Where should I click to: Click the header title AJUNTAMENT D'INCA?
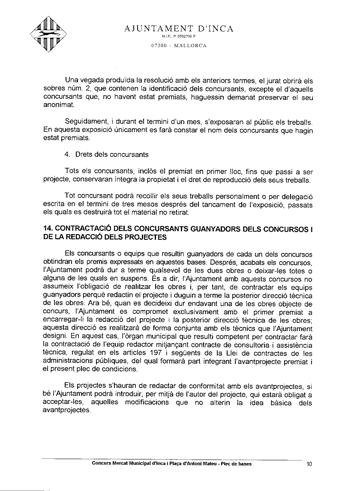coord(179,29)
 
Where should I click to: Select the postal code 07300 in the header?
coord(159,45)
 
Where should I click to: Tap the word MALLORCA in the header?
coord(190,45)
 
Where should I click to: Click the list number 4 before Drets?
coord(67,154)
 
